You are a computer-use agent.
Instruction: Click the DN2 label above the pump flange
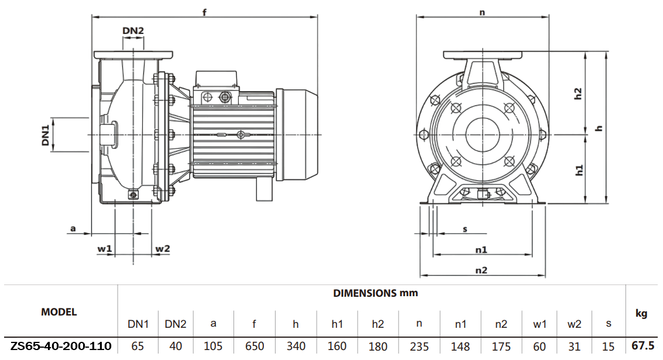click(133, 30)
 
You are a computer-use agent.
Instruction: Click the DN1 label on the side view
click(45, 134)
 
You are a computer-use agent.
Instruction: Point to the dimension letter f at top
click(205, 12)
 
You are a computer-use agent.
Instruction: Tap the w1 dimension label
click(105, 249)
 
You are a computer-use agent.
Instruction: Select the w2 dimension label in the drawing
click(162, 249)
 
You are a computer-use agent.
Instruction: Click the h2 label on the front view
click(578, 94)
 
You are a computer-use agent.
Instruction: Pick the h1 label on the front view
click(579, 170)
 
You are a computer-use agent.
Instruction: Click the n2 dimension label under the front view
click(481, 270)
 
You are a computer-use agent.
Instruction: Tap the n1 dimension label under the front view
click(481, 249)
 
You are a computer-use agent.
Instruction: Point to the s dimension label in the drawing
click(465, 228)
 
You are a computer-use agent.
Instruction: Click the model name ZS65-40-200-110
click(61, 346)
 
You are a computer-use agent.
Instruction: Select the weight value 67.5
click(643, 346)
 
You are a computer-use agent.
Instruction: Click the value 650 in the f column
click(255, 347)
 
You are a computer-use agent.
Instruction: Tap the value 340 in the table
click(296, 347)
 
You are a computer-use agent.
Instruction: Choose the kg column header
click(641, 314)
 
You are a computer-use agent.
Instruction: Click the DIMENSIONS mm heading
click(375, 293)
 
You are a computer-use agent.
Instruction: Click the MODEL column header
click(59, 312)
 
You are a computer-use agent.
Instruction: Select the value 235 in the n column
click(419, 347)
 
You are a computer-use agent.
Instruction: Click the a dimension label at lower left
click(73, 228)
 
